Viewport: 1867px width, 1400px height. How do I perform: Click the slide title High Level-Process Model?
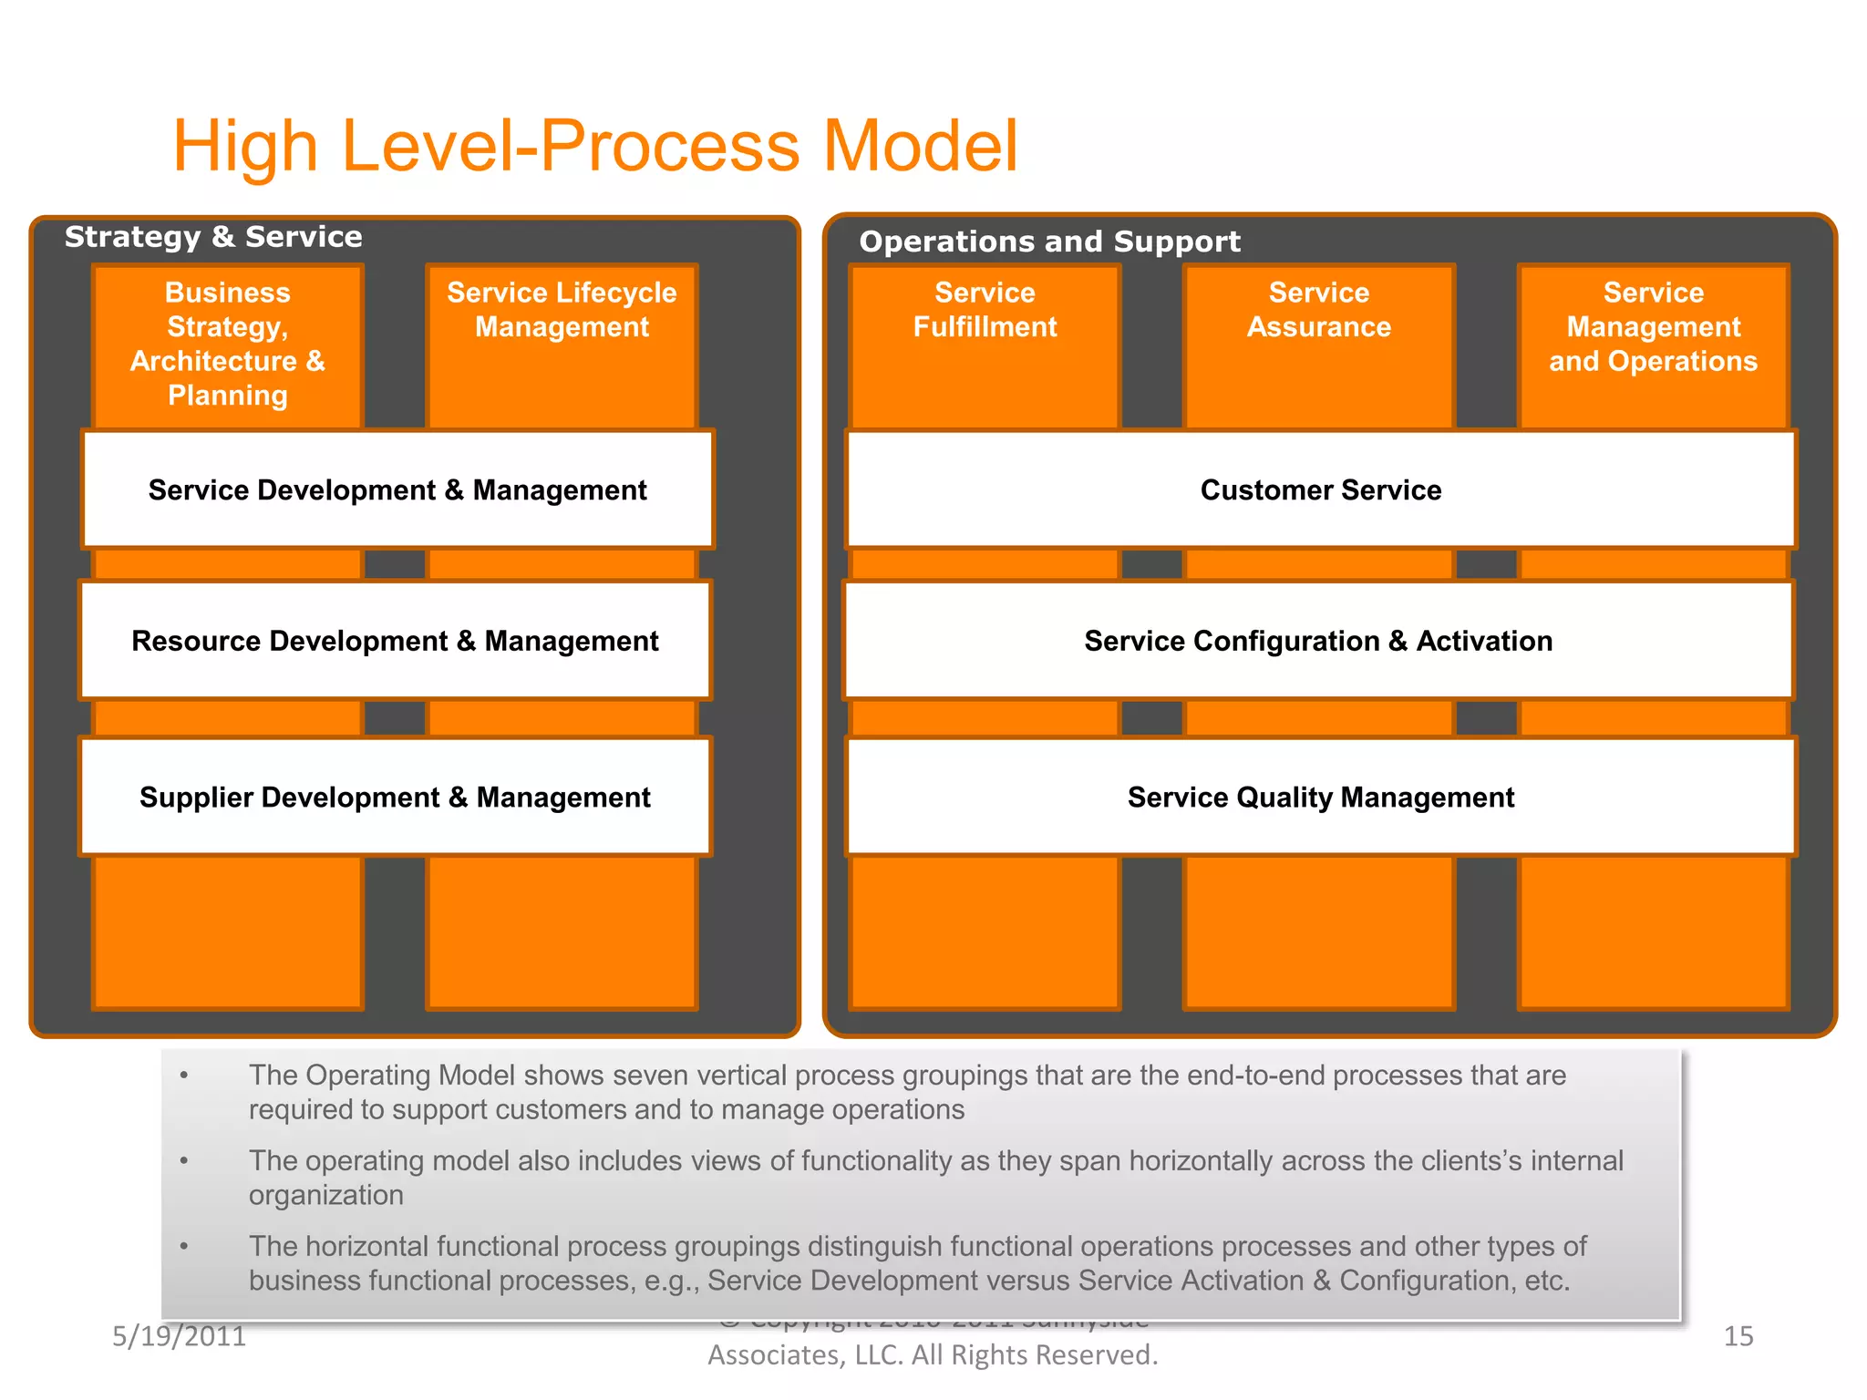594,146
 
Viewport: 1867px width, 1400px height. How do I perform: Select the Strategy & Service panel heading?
213,237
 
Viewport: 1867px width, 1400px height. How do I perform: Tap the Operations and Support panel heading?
1049,242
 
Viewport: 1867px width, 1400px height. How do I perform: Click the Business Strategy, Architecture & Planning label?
227,344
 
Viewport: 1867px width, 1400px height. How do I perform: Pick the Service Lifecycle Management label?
562,310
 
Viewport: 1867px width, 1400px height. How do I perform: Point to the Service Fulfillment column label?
985,310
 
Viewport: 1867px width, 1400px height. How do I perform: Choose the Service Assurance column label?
1318,310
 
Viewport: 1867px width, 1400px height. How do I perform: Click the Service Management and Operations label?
1653,327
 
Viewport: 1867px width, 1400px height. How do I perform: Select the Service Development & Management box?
397,490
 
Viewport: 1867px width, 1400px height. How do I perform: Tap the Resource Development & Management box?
395,641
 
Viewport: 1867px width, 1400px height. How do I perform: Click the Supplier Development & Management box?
395,798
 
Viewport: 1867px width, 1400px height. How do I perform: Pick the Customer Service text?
1320,490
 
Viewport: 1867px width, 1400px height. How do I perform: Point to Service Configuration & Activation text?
1317,641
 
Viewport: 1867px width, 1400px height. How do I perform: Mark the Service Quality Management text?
1320,798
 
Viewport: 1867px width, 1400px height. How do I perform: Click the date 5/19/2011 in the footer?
179,1336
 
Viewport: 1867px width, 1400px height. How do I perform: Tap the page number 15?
1738,1336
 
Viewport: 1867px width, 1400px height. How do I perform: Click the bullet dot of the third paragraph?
184,1246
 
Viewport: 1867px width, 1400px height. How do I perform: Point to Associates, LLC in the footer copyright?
805,1355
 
